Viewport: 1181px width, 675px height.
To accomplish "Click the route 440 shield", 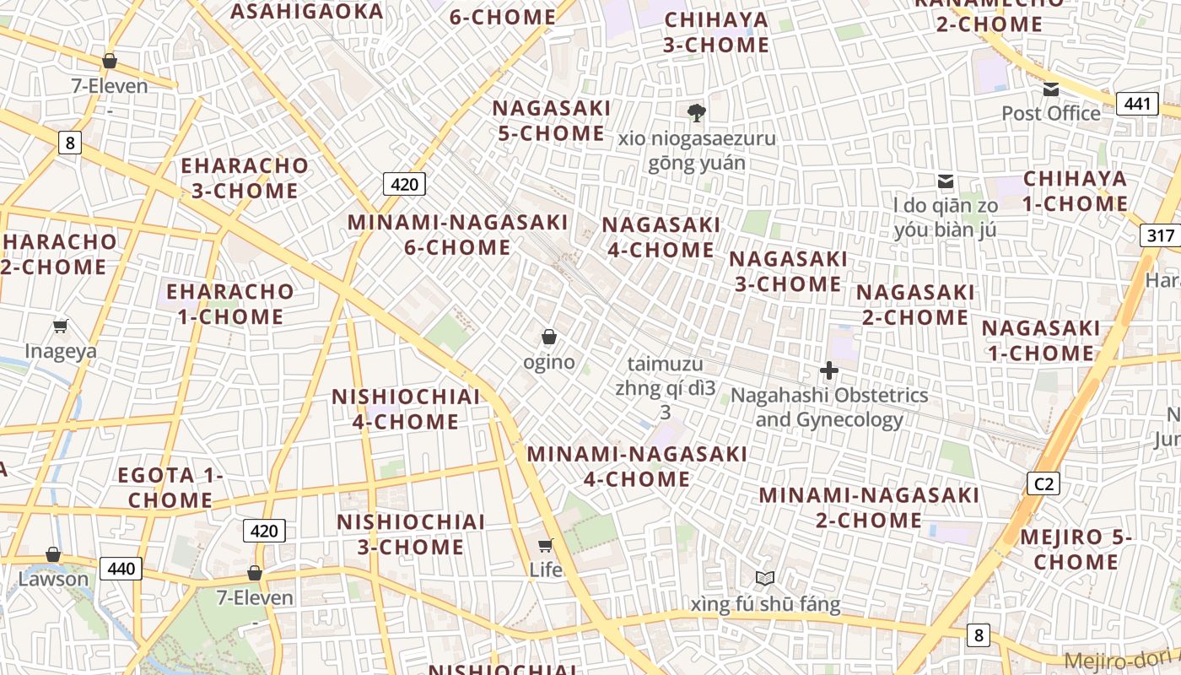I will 121,569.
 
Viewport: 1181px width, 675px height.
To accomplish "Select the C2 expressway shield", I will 1043,483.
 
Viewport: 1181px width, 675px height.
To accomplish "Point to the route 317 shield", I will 1160,235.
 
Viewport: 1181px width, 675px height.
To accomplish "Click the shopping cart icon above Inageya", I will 60,327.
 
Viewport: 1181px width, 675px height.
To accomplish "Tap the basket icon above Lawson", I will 53,554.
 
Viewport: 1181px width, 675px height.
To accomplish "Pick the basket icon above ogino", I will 549,337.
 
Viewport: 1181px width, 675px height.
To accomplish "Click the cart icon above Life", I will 546,545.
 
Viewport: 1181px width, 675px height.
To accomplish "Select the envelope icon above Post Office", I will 1051,89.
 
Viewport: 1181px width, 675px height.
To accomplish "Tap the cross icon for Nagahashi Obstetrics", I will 829,370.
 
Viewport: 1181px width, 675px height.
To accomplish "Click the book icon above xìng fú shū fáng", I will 765,579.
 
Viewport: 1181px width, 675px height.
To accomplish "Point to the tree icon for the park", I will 696,112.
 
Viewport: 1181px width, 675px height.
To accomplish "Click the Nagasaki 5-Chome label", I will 551,121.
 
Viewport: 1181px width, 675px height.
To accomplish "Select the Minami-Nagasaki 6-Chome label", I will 458,235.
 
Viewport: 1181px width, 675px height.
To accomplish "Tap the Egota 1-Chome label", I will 170,487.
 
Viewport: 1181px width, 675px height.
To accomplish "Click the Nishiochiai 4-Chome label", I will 405,408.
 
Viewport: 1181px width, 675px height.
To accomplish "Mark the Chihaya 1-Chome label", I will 1075,191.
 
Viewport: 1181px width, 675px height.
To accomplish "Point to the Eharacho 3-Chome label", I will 245,177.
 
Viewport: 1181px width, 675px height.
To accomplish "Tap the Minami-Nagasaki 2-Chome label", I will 869,506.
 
